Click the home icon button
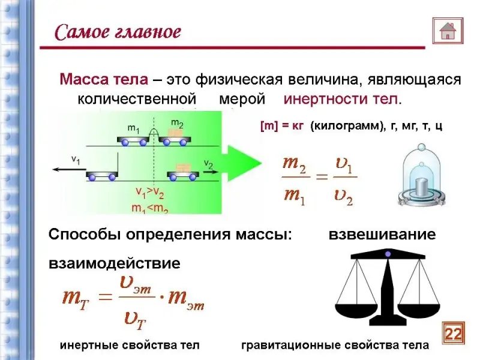pyautogui.click(x=448, y=29)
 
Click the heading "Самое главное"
pyautogui.click(x=118, y=32)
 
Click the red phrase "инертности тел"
pyautogui.click(x=340, y=98)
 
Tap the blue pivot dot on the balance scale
pyautogui.click(x=388, y=254)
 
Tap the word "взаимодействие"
pyautogui.click(x=114, y=263)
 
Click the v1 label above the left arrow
pyautogui.click(x=76, y=159)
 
